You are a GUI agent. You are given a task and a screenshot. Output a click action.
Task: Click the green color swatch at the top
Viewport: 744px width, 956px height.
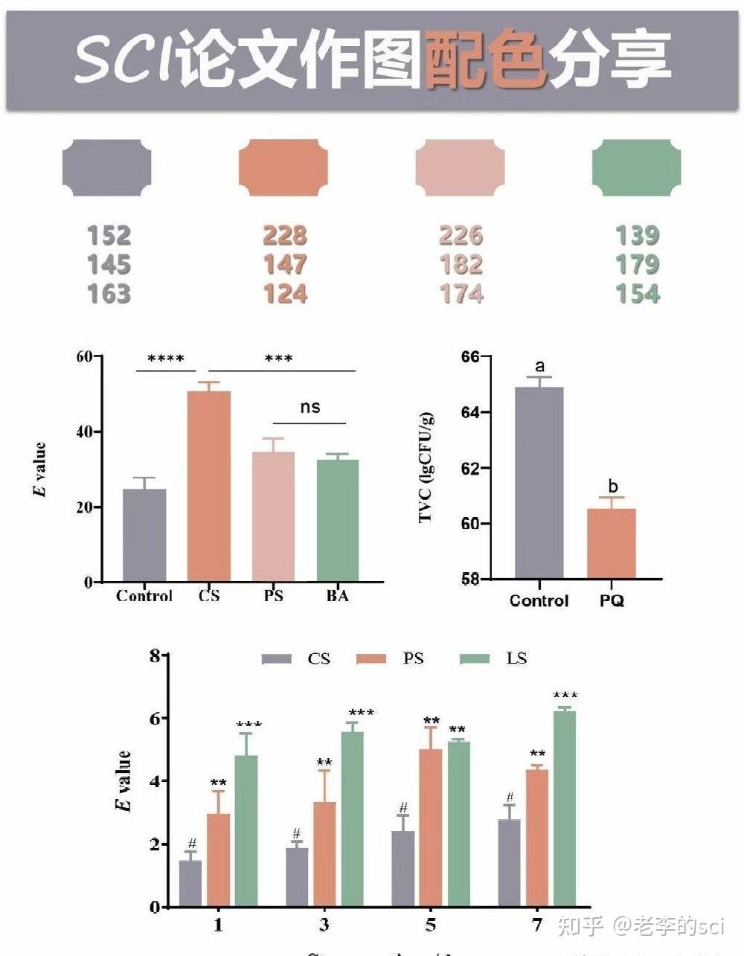(636, 167)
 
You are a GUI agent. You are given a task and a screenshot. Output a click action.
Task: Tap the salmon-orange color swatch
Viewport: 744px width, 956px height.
(283, 167)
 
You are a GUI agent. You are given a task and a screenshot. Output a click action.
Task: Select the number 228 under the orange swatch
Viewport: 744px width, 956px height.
(284, 236)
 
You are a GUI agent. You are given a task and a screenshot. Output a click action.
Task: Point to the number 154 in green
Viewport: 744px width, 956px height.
(638, 294)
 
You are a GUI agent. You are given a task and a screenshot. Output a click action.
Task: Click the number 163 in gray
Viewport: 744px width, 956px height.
(109, 294)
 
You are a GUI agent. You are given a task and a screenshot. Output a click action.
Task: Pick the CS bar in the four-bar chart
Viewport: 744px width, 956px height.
(208, 487)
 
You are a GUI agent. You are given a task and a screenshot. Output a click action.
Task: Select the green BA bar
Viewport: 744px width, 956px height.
(337, 521)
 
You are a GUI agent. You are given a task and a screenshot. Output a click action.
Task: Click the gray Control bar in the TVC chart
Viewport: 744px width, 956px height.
(539, 484)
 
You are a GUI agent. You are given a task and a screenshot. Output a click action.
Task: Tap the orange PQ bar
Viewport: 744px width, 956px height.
(612, 544)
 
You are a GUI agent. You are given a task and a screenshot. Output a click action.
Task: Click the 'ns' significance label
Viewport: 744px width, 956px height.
(310, 407)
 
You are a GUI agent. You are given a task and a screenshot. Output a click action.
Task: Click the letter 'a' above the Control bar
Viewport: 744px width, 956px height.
(539, 366)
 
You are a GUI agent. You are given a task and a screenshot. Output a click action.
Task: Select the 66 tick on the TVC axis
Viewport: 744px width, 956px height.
(469, 356)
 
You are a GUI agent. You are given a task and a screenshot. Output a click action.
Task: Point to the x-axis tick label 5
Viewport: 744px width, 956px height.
(431, 925)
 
